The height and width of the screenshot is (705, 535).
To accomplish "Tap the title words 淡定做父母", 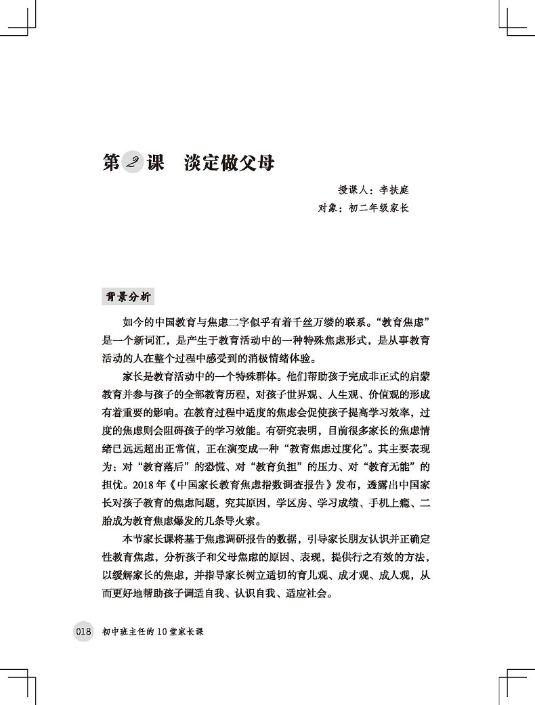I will coord(228,164).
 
